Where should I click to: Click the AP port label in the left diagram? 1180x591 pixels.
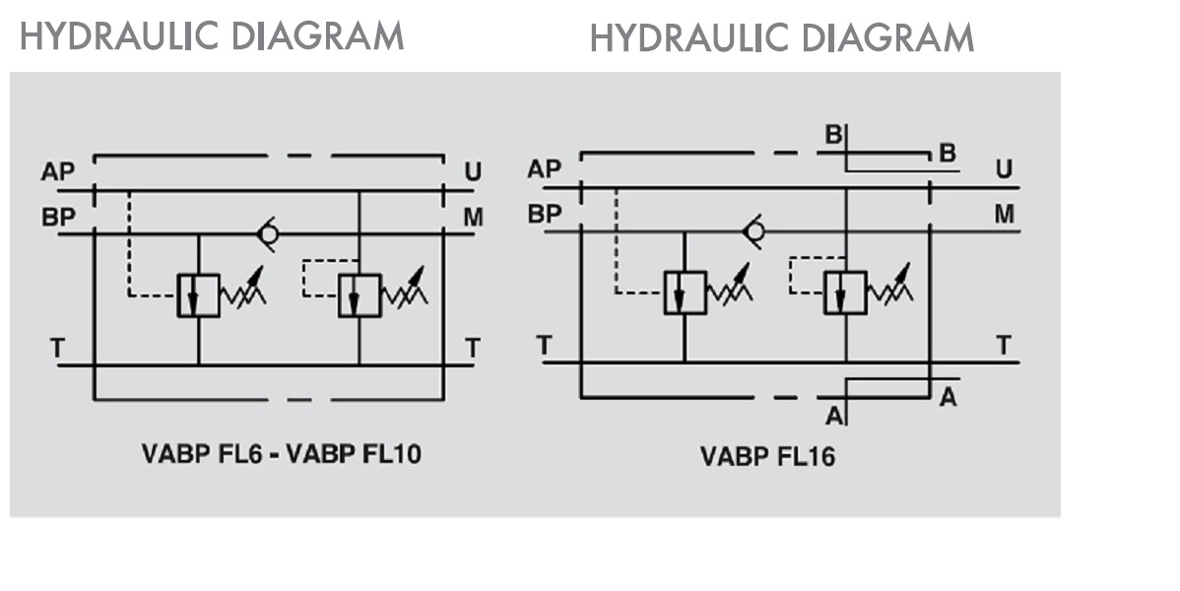(x=57, y=172)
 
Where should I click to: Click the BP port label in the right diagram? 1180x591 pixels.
(x=544, y=213)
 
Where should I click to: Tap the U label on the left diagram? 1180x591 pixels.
(x=473, y=172)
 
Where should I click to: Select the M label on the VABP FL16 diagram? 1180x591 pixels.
(x=1004, y=214)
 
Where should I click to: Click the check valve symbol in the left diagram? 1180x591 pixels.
(x=266, y=234)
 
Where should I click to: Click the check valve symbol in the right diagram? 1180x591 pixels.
(x=754, y=231)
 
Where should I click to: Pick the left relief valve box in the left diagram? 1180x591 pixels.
(x=198, y=295)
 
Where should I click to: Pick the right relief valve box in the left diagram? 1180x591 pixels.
(x=359, y=295)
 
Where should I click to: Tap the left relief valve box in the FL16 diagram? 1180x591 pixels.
(x=685, y=293)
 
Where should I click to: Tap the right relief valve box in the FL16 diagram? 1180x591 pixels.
(x=846, y=293)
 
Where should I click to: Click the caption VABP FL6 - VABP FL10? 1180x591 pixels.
(x=282, y=455)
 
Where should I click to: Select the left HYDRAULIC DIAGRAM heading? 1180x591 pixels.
(x=212, y=35)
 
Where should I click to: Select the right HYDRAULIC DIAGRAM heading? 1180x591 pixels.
(x=782, y=37)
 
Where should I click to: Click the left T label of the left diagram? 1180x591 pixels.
(x=58, y=347)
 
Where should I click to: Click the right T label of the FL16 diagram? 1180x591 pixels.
(x=1003, y=345)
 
